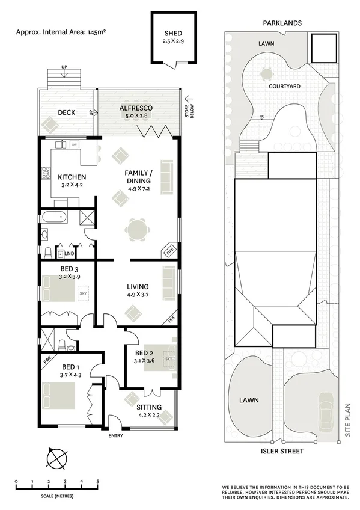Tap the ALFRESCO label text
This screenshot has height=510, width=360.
136,108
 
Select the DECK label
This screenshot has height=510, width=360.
66,112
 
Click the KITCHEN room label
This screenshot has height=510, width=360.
72,177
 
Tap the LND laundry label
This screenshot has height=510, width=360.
77,254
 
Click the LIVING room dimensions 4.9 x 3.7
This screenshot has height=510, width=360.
138,295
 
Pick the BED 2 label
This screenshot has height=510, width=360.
144,353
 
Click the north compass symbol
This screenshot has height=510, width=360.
57,460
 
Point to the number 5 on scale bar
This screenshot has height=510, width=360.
97,481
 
